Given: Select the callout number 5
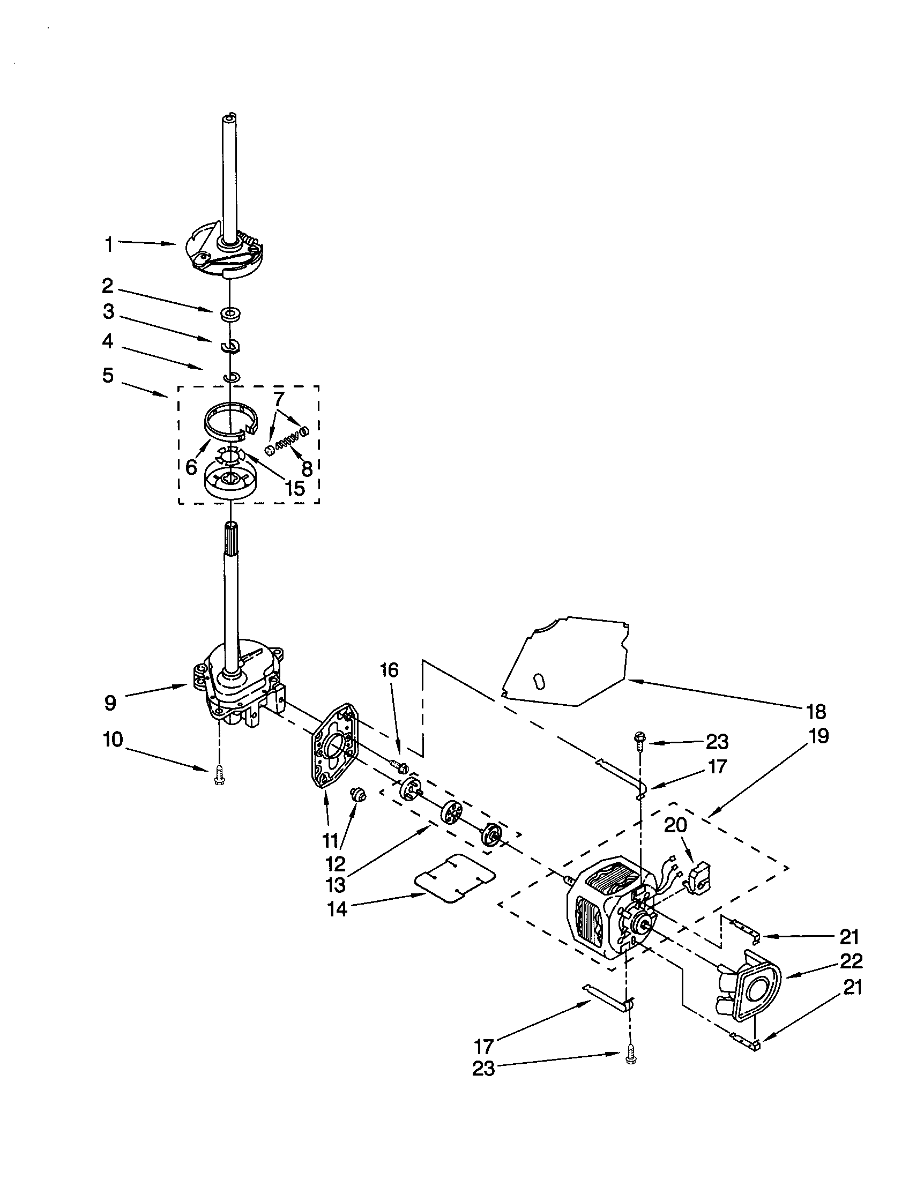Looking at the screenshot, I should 108,375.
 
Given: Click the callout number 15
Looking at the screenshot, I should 295,488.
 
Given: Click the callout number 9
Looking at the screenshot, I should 110,703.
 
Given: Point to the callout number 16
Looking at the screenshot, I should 389,670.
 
